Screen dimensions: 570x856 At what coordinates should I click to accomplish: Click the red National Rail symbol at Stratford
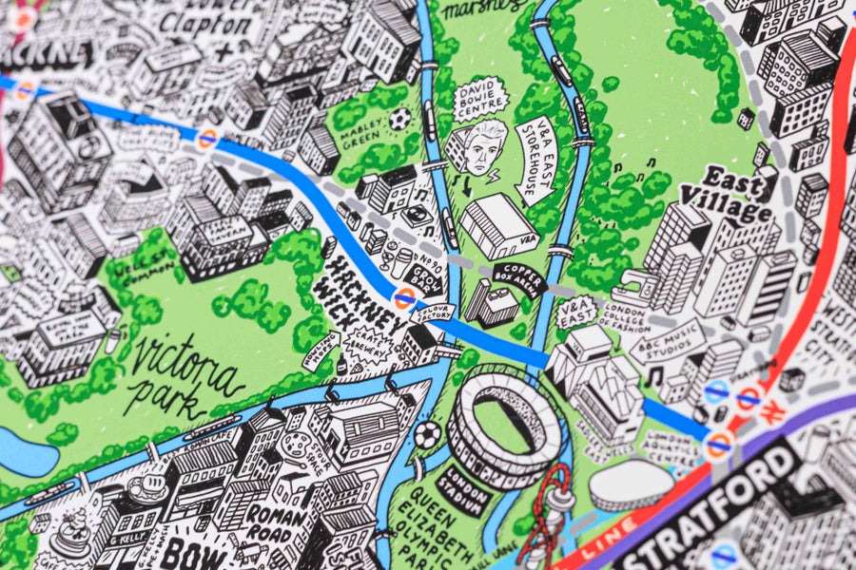(x=773, y=415)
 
